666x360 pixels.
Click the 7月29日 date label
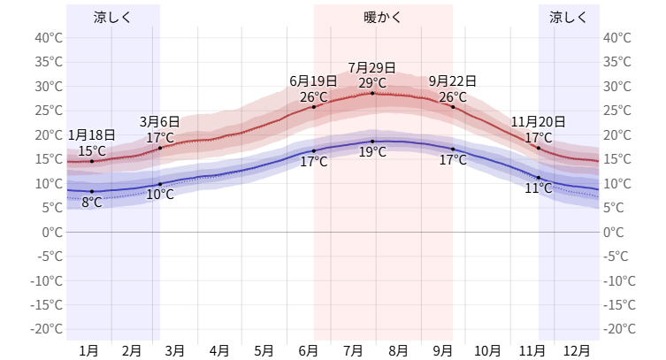[x=371, y=67]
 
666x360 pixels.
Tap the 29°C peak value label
[x=371, y=83]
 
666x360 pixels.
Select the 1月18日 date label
[x=91, y=135]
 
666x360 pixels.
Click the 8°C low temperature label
[x=91, y=203]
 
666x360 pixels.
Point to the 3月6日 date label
[x=160, y=122]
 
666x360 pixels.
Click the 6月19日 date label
[x=314, y=81]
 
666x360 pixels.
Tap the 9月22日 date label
[x=453, y=81]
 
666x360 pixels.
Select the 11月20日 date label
[x=538, y=122]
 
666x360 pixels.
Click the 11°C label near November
[x=538, y=188]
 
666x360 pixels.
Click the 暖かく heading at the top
[x=382, y=17]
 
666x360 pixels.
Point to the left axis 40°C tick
[x=48, y=37]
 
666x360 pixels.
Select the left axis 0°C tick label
[x=51, y=232]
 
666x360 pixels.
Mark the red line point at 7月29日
[x=371, y=93]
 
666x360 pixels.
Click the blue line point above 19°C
[x=371, y=142]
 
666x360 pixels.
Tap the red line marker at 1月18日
[x=91, y=161]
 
